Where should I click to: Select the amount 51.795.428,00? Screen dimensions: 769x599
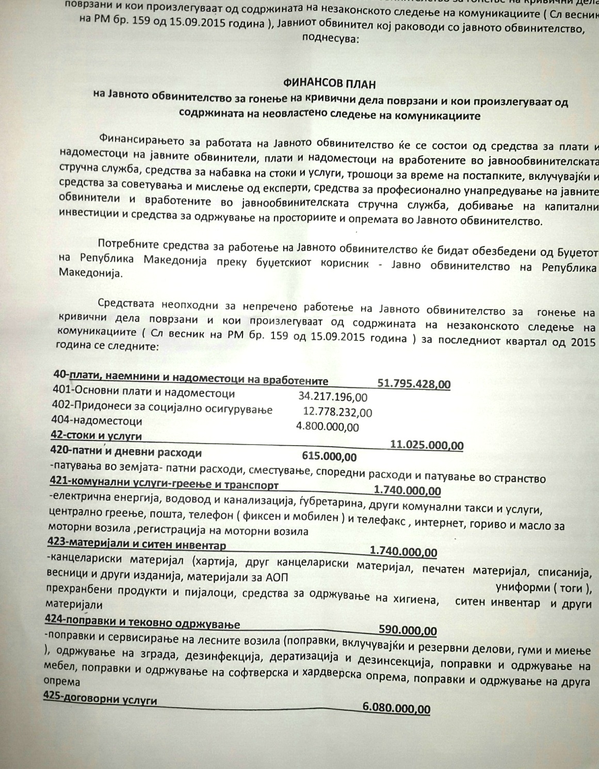point(414,384)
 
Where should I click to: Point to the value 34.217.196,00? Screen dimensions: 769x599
point(333,397)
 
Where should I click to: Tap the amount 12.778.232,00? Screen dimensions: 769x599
point(337,412)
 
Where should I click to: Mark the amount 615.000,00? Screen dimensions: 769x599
point(328,456)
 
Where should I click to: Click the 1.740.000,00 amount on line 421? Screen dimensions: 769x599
point(407,490)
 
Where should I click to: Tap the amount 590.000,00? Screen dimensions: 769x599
point(408,630)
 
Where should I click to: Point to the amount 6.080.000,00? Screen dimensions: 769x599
point(396,709)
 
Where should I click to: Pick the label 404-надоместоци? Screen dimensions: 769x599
point(98,421)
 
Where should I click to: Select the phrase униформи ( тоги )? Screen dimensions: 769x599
point(543,588)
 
